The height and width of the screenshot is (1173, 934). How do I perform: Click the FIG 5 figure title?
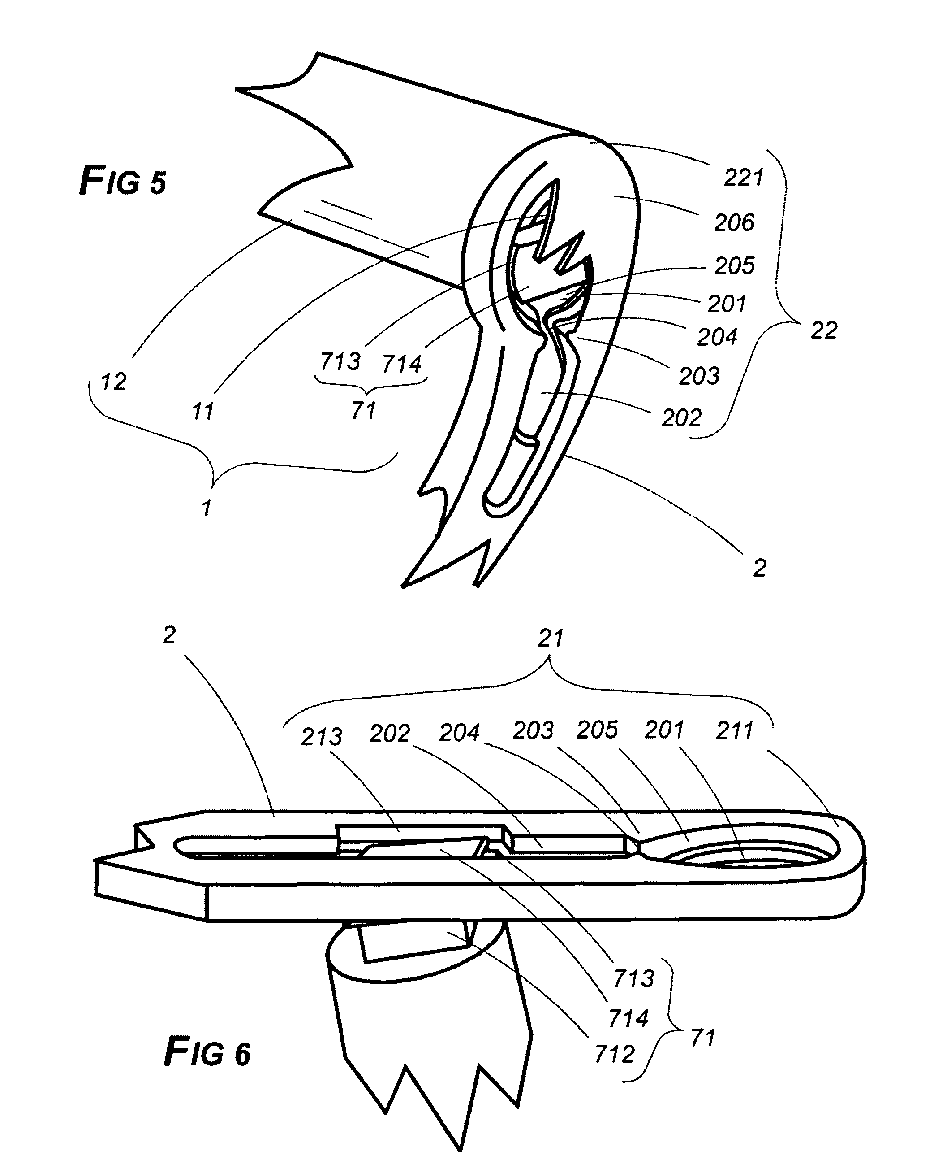(123, 181)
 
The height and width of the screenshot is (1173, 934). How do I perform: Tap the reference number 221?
(743, 178)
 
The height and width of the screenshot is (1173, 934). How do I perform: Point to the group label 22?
(823, 330)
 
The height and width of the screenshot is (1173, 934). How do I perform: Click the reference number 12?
(114, 382)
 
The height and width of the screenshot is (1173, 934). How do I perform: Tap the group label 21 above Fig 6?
(551, 638)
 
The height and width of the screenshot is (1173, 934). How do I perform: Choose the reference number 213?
(322, 737)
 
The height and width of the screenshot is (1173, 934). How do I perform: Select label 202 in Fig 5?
(681, 418)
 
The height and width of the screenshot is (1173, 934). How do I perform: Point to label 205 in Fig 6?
(597, 730)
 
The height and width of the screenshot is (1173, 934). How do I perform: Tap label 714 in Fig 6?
(628, 1018)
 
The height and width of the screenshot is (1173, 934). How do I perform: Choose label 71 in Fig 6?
(702, 1038)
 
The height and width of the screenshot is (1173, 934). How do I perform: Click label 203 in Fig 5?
(699, 376)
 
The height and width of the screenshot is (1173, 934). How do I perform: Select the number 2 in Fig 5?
(759, 568)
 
